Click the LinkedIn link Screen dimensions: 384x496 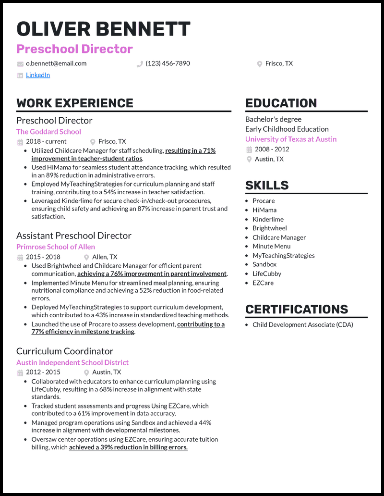[38, 75]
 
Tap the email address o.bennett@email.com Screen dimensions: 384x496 [56, 63]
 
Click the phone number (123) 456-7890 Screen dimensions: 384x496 [168, 63]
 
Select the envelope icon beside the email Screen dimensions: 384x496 [20, 64]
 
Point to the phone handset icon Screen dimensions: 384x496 [140, 64]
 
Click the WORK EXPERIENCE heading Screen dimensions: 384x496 [75, 103]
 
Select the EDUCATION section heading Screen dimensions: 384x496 [281, 103]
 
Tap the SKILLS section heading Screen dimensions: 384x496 [267, 186]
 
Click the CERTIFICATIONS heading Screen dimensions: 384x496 [297, 309]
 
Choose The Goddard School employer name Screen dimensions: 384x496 [48, 132]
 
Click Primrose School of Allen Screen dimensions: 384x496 [56, 247]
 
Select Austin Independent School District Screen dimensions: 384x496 [72, 363]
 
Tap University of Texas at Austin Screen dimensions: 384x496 [291, 139]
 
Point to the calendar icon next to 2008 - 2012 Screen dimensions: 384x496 [249, 149]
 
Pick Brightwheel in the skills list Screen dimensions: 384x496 [269, 228]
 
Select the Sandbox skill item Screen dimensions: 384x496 [264, 264]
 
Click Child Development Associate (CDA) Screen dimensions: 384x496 [302, 325]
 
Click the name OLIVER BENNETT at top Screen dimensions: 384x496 [103, 29]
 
